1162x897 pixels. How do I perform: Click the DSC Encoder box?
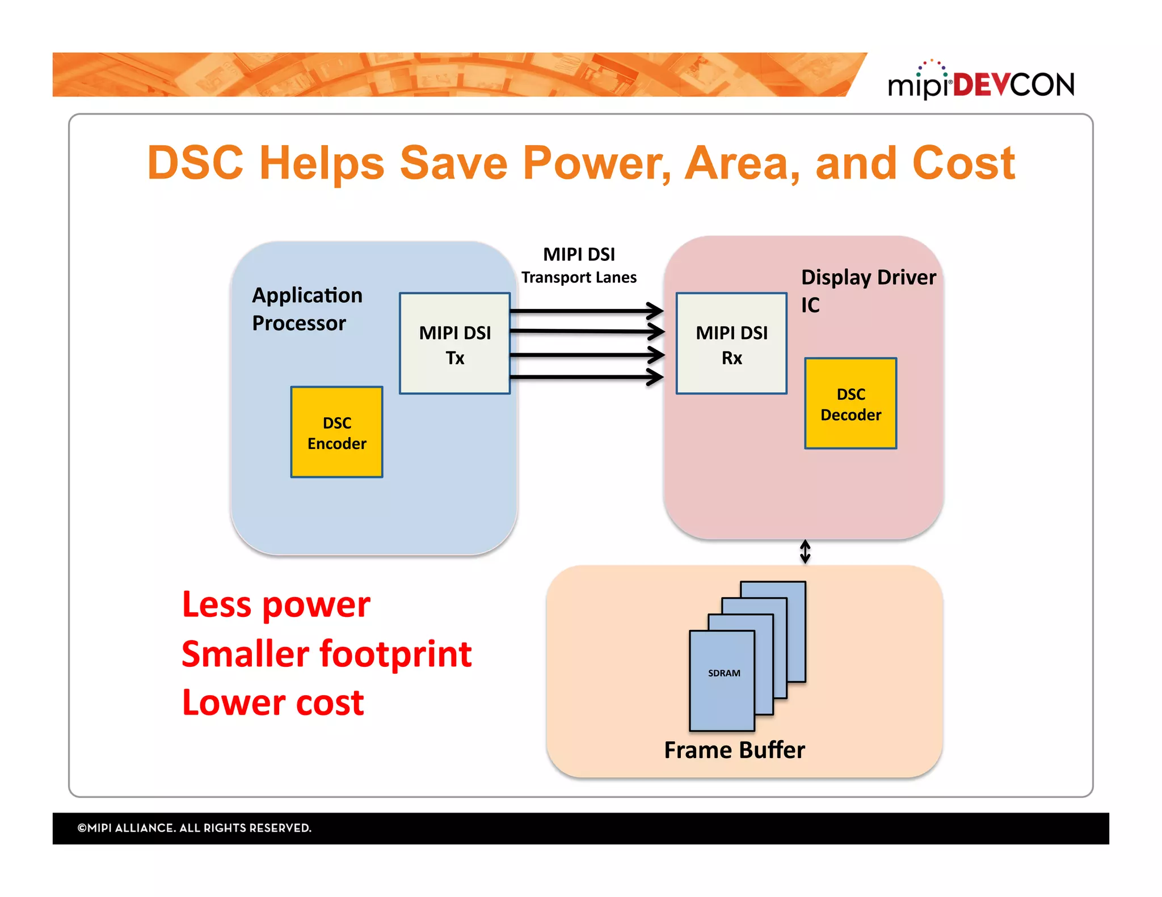[336, 432]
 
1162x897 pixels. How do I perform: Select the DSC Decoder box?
[850, 403]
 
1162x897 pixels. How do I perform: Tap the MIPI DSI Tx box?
[454, 343]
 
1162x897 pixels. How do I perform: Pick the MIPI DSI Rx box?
[731, 343]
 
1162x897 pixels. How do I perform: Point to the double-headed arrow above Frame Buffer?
[805, 551]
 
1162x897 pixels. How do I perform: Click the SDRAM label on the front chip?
[723, 673]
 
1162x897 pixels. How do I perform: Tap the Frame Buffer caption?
[734, 750]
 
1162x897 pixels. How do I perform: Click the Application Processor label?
[306, 309]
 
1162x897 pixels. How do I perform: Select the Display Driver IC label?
[867, 290]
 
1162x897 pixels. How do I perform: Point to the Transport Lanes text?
[579, 277]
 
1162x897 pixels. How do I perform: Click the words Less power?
[276, 604]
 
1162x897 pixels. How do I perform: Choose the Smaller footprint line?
[326, 654]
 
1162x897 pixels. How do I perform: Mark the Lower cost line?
[272, 703]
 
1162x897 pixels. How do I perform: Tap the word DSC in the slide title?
[195, 163]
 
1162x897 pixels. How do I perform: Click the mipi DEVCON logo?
[980, 82]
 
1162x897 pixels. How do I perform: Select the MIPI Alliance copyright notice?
[194, 828]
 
